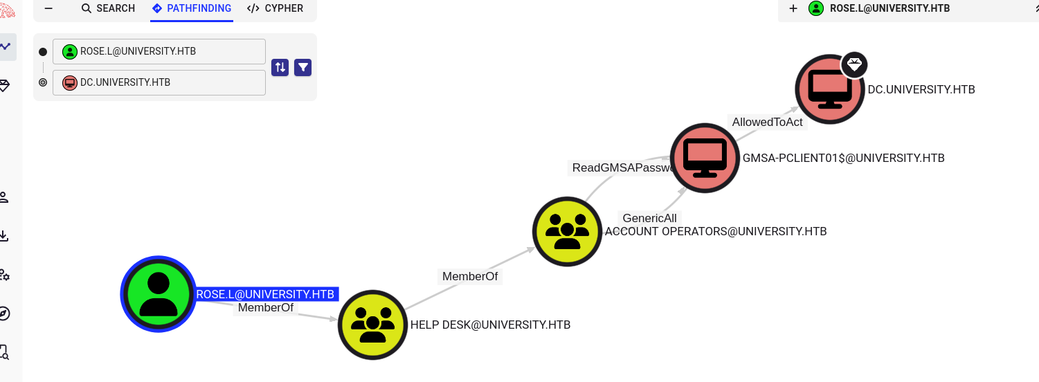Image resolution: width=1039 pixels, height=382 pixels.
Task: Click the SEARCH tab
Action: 108,8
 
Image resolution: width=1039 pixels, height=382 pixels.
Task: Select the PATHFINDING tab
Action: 192,8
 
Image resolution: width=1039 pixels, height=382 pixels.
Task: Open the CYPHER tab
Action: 275,8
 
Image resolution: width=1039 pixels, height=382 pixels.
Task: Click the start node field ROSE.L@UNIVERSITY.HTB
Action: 159,51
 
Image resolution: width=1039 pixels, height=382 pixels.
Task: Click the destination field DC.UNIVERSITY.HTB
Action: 159,82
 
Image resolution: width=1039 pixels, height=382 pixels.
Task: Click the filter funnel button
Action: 303,67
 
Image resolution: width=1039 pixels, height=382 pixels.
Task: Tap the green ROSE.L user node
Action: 158,294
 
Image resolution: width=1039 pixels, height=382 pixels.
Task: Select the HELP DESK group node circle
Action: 372,325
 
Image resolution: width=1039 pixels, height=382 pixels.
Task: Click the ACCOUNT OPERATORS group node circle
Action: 567,231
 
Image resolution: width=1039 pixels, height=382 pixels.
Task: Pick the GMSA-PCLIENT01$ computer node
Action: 705,158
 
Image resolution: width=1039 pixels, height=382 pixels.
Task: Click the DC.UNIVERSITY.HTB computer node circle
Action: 829,89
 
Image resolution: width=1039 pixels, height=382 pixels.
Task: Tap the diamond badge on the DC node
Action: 855,65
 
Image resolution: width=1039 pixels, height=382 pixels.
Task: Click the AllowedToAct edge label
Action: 767,122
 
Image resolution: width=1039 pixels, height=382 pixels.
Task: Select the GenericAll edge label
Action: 649,218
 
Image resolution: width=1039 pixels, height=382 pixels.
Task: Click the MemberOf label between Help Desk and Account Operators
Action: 470,276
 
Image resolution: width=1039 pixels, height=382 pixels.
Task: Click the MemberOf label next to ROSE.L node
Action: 266,307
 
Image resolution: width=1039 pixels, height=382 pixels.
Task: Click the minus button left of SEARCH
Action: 48,8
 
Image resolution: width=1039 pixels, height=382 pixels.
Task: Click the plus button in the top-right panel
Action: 793,8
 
